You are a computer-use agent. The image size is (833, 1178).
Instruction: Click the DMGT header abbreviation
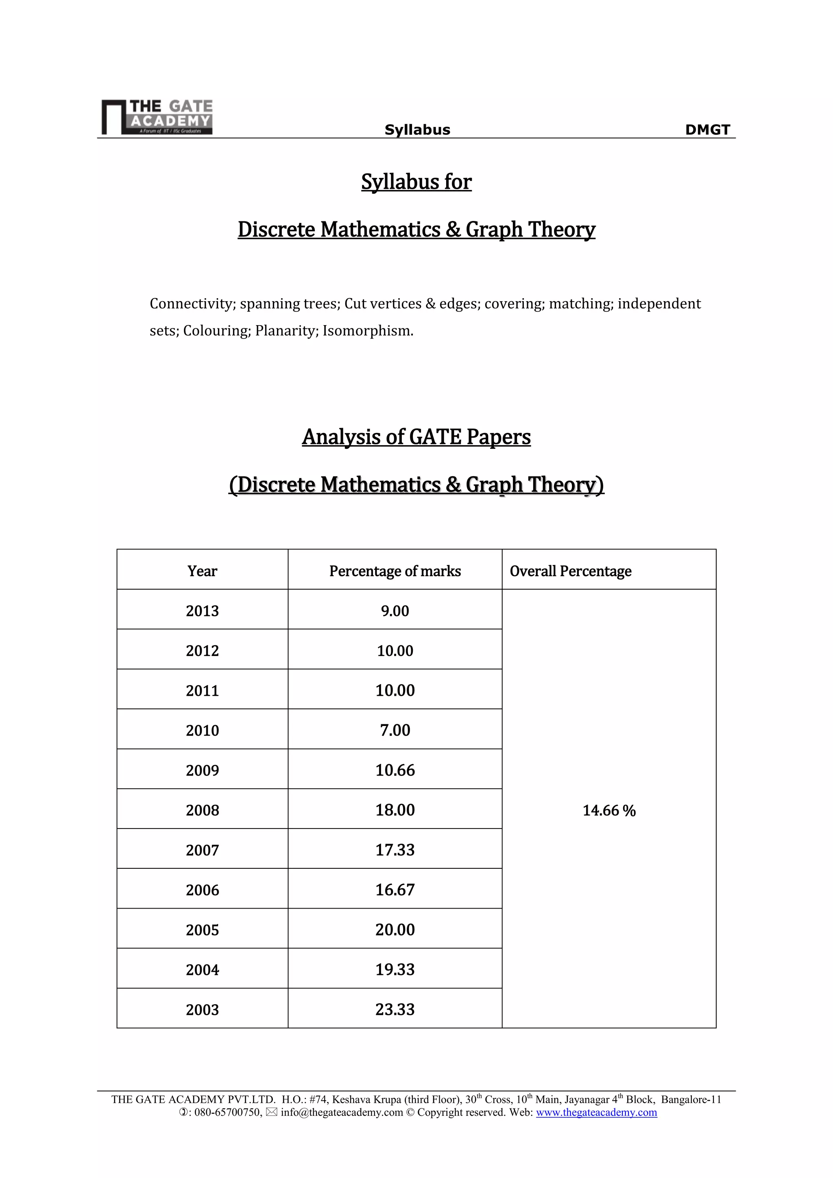707,130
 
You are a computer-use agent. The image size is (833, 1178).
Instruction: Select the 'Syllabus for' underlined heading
416,181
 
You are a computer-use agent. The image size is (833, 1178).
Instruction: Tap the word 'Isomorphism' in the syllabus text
367,331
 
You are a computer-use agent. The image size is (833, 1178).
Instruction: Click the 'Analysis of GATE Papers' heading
416,437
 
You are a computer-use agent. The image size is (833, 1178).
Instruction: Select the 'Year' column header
202,571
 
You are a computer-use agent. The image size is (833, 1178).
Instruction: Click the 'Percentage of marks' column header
395,571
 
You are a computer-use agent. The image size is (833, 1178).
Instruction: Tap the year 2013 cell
202,611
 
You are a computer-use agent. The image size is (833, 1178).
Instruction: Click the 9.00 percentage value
395,611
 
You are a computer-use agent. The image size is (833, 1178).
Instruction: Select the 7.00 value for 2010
395,730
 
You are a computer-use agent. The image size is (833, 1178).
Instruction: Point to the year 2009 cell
202,770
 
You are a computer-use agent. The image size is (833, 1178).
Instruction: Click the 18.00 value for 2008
395,810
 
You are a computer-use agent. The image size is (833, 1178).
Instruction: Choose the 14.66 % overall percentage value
609,811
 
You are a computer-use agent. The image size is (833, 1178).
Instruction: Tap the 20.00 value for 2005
395,930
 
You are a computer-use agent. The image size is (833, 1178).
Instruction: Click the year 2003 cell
202,1010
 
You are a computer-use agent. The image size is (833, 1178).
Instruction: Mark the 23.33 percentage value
395,1010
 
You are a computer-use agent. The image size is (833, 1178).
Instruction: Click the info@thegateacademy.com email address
342,1112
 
